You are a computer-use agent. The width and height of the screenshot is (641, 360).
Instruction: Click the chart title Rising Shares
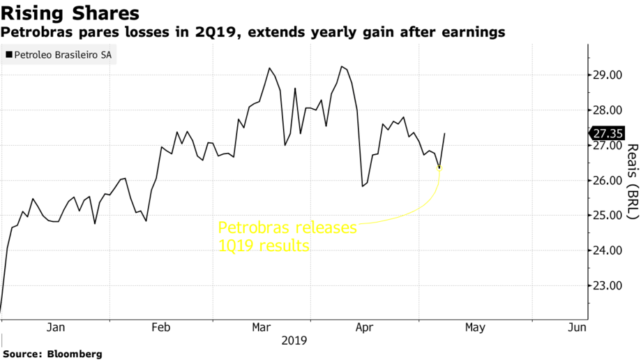click(70, 13)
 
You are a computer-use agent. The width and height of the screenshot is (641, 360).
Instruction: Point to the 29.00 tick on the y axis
click(608, 75)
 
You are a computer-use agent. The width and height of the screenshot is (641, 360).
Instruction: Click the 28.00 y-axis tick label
click(608, 110)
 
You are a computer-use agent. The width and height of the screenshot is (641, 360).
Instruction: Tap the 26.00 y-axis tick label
click(608, 181)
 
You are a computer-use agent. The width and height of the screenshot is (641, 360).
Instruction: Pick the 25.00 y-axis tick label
click(608, 216)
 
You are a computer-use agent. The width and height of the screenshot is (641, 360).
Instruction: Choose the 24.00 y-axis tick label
click(608, 250)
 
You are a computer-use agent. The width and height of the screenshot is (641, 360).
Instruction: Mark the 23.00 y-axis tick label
click(608, 285)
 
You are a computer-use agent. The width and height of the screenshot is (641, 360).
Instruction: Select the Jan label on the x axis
click(55, 327)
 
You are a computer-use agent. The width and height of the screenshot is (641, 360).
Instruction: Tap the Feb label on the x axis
click(161, 327)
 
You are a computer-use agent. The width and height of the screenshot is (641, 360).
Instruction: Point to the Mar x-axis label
click(262, 327)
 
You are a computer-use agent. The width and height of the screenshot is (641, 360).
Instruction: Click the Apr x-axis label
click(365, 327)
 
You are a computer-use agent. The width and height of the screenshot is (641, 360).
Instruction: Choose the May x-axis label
click(475, 327)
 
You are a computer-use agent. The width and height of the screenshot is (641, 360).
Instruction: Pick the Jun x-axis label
click(578, 327)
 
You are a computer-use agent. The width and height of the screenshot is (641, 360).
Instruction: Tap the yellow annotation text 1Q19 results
click(264, 246)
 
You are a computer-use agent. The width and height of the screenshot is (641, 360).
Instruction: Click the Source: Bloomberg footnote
click(52, 354)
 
